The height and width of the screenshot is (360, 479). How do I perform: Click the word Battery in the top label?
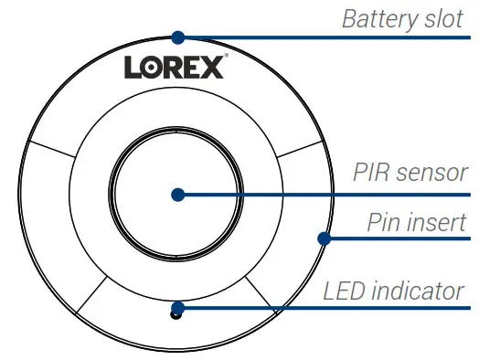point(377,19)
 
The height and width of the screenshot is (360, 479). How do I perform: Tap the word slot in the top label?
point(443,19)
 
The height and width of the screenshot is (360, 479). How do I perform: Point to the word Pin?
point(385,222)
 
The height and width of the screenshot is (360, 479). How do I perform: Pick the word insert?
point(441,222)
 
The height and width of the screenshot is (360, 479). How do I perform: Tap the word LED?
point(346,292)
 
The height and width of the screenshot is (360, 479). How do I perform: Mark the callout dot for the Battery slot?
point(178,37)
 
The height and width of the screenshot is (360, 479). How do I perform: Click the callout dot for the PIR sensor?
point(178,195)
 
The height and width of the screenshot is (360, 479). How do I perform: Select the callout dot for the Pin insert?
point(323,239)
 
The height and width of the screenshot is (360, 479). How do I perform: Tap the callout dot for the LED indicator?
point(178,306)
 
